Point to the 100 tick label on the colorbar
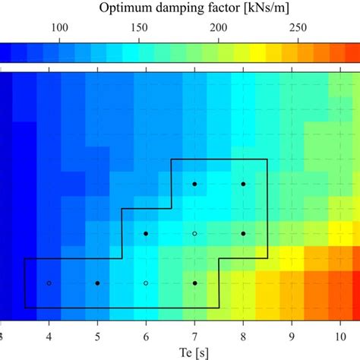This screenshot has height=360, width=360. click(58, 28)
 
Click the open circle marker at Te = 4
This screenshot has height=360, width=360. click(49, 283)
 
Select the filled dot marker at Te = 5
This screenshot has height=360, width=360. click(97, 283)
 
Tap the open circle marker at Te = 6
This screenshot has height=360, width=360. click(146, 283)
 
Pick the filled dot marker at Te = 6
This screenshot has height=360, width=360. click(146, 234)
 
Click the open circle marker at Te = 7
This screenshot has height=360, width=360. click(194, 234)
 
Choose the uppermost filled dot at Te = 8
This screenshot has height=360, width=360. click(243, 184)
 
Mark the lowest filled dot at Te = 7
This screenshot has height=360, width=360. click(194, 283)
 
